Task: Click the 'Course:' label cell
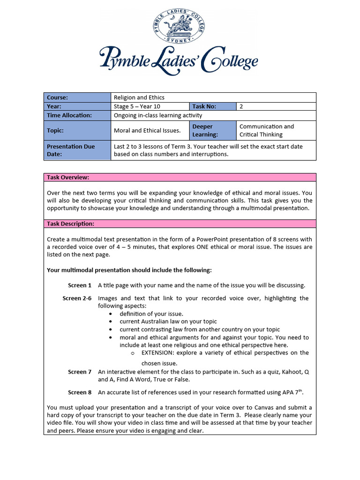77,97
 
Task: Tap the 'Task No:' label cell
212,106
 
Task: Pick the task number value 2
241,106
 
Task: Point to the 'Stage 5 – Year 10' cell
150,106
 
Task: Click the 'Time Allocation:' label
77,115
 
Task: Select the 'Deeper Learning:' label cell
212,130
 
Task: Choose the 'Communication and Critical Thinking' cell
276,130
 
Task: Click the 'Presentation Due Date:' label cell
77,150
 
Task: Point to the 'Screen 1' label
80,285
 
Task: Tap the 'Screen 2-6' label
77,299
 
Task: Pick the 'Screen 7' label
80,372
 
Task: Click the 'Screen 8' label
80,393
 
